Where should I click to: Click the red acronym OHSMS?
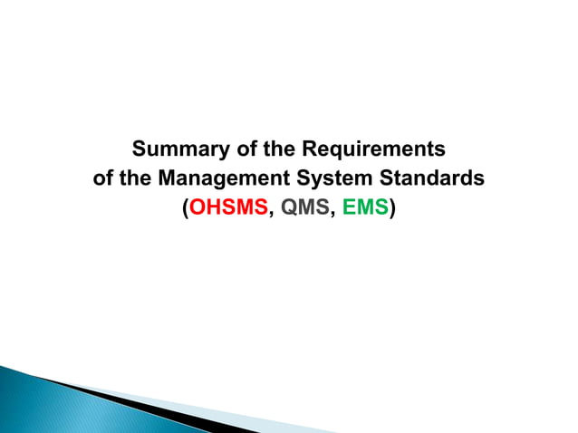click(x=229, y=209)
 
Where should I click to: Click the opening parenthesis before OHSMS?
click(x=185, y=209)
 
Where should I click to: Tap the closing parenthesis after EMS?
click(x=393, y=209)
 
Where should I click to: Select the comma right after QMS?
click(x=332, y=215)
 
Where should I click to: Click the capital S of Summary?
click(x=140, y=148)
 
